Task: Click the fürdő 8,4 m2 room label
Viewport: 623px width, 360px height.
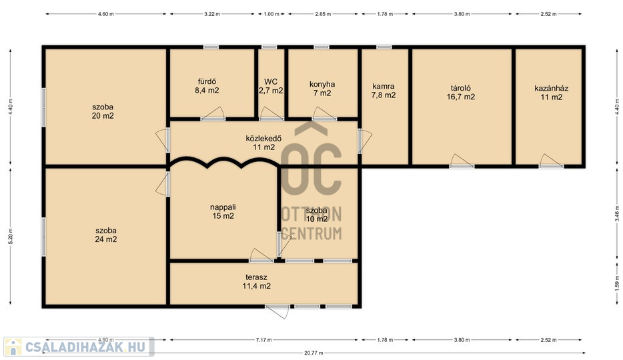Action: [x=207, y=86]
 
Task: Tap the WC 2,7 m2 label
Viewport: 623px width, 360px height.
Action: [x=271, y=86]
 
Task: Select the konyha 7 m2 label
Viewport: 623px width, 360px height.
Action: [x=322, y=89]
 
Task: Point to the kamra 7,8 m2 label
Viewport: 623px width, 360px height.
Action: [x=384, y=91]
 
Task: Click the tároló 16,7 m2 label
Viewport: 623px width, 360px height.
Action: [x=461, y=92]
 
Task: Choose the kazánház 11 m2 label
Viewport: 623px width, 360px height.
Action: [x=552, y=93]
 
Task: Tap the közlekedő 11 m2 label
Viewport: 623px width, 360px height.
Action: [x=264, y=143]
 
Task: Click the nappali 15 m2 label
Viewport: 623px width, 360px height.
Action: [x=223, y=211]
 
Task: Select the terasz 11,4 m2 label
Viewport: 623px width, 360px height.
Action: [x=257, y=281]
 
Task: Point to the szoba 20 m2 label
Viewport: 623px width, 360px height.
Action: [x=103, y=111]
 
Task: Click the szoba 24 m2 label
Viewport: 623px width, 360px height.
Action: [x=106, y=235]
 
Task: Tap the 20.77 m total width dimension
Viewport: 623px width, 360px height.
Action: [x=314, y=353]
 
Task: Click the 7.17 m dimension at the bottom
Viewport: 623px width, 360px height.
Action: [x=264, y=340]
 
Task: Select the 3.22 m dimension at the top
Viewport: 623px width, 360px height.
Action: [x=212, y=14]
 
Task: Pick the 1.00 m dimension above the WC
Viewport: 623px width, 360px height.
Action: [x=271, y=14]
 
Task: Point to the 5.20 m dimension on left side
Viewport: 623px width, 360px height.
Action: [x=10, y=236]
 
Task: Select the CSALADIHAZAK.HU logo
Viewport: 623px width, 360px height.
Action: [x=79, y=347]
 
